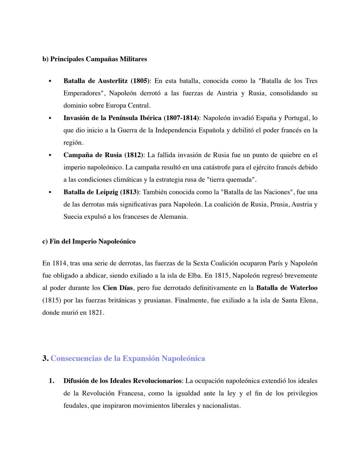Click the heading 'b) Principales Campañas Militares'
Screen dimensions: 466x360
pyautogui.click(x=94, y=59)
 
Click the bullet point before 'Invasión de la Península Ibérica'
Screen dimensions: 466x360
pyautogui.click(x=50, y=118)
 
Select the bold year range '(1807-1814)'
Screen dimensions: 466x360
pyautogui.click(x=181, y=118)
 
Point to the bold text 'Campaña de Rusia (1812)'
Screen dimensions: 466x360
pyautogui.click(x=104, y=155)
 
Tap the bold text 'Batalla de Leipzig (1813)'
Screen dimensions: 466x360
pyautogui.click(x=102, y=192)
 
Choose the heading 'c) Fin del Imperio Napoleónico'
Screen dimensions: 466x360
pyautogui.click(x=89, y=241)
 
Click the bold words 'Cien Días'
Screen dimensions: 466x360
pyautogui.click(x=118, y=288)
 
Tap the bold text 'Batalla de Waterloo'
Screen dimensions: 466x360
pyautogui.click(x=287, y=288)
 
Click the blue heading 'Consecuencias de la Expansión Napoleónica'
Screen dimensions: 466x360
pyautogui.click(x=128, y=358)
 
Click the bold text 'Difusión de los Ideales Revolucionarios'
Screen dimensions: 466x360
pyautogui.click(x=122, y=381)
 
